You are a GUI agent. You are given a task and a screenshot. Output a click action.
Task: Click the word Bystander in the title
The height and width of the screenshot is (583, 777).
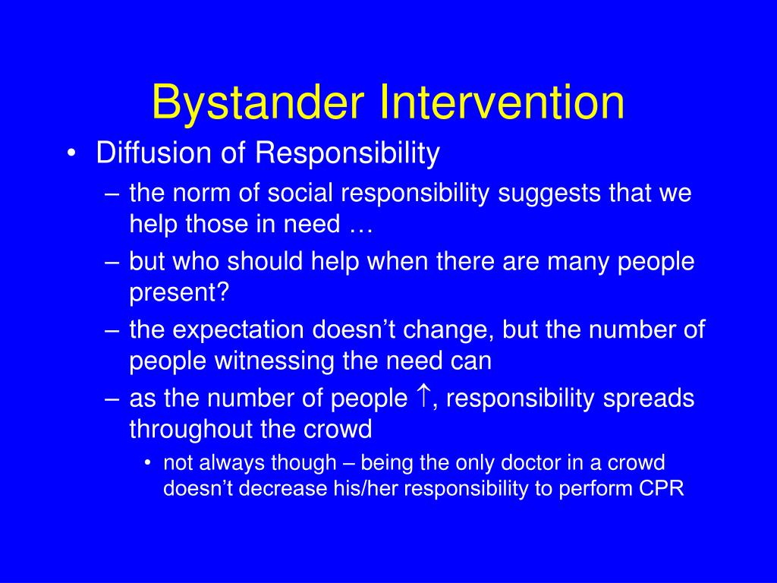click(258, 103)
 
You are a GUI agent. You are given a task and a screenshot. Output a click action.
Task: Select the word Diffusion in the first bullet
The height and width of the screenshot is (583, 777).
click(154, 152)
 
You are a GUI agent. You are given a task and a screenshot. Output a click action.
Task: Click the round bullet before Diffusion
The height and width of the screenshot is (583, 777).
click(71, 153)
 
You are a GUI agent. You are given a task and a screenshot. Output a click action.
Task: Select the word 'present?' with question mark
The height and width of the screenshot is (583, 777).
click(179, 292)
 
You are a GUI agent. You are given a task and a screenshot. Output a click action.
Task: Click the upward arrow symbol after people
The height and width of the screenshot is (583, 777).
click(423, 396)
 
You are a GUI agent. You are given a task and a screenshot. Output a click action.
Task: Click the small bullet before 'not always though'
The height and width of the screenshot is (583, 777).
click(147, 462)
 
